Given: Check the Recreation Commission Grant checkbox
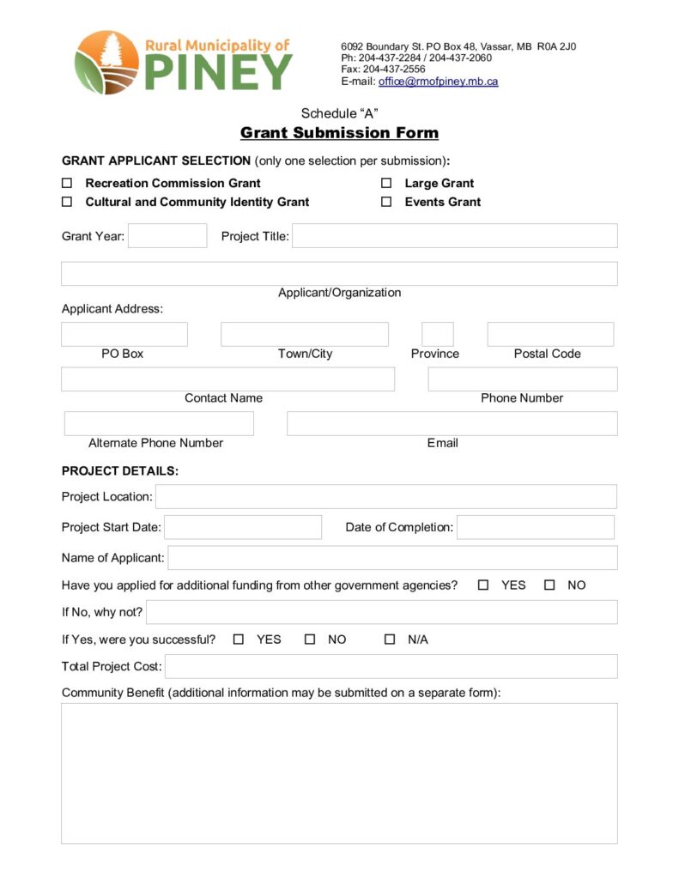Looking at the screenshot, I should coord(67,183).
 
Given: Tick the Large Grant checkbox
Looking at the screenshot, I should coord(386,183).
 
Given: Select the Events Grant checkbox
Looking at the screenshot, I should coord(386,202).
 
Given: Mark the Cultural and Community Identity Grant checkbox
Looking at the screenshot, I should coord(67,202).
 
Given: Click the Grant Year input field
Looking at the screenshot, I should coord(167,236).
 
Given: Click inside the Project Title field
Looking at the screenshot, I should coord(454,236).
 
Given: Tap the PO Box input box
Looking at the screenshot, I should coord(124,335).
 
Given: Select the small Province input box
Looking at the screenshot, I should coord(438,335).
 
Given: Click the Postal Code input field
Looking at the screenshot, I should coord(550,335).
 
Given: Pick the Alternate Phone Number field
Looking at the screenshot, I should coord(159,424).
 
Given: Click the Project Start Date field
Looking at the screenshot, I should coord(243,527).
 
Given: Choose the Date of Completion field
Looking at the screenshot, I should coord(536,527).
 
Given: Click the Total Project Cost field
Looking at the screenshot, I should coord(391,667).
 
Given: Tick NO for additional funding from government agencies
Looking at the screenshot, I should coord(549,585).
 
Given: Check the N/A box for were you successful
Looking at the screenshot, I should coord(390,640).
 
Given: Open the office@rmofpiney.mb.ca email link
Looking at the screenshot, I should coord(438,82).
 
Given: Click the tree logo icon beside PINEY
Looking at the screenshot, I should coord(106,62).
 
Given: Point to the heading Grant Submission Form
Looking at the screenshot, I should coord(339,133).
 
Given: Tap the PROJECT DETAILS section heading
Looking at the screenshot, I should coord(120,471).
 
